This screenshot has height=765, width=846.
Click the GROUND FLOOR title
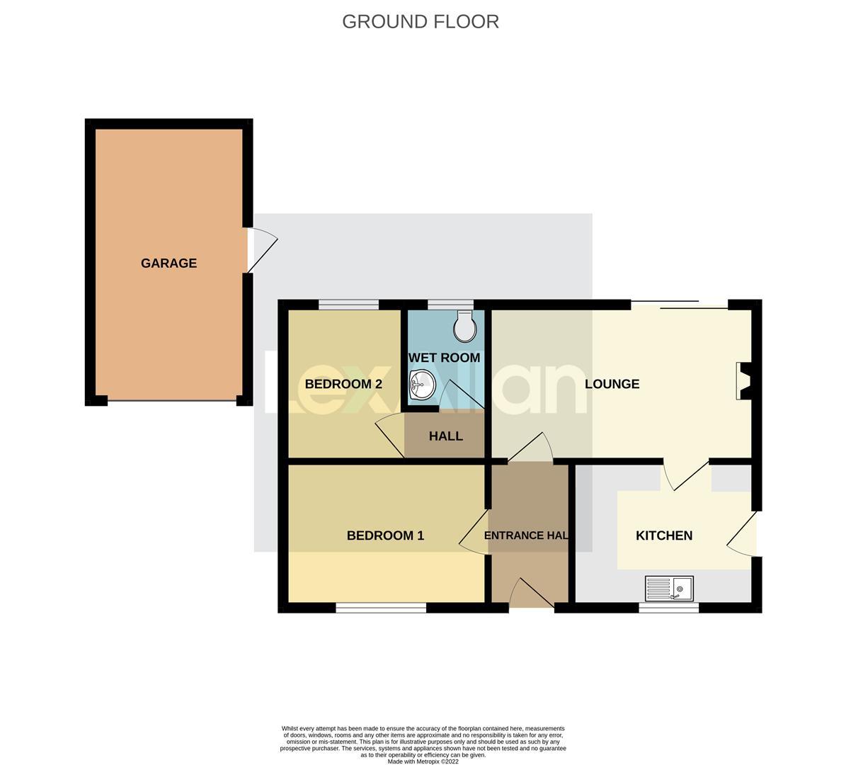pos(421,21)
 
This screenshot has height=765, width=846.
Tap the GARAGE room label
pos(168,263)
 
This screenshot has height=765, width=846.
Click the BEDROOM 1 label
pos(385,535)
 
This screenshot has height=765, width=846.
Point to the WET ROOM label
pos(444,358)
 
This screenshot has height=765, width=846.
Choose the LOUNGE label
pos(612,384)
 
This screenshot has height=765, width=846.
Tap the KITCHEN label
pos(664,535)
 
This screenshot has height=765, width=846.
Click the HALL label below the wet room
pos(445,436)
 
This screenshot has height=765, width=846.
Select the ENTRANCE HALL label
pos(526,535)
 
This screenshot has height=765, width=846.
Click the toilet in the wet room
pos(464,326)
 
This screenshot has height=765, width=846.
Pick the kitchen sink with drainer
pos(669,589)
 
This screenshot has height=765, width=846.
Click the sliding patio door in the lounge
pos(680,305)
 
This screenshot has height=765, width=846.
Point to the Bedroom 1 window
pos(381,607)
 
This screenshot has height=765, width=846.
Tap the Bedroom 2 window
pos(348,305)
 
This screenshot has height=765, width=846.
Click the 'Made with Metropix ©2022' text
pos(423,761)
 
